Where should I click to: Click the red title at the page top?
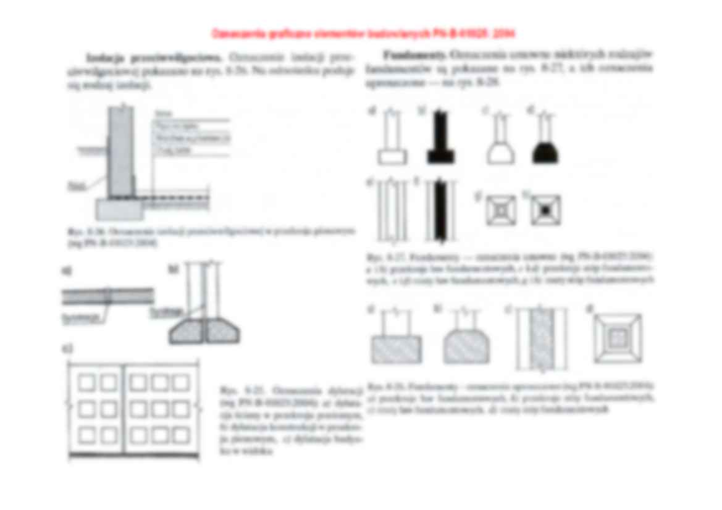pos(363,33)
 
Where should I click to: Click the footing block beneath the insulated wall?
pos(120,209)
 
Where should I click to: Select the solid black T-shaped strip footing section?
pos(440,141)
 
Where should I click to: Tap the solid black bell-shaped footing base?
pos(545,148)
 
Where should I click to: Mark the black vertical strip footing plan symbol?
pos(440,210)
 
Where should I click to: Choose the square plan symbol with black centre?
pos(545,210)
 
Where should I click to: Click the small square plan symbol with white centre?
pos(500,210)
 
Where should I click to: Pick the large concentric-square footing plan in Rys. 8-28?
pos(617,338)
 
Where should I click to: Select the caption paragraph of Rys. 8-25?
pos(290,420)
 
